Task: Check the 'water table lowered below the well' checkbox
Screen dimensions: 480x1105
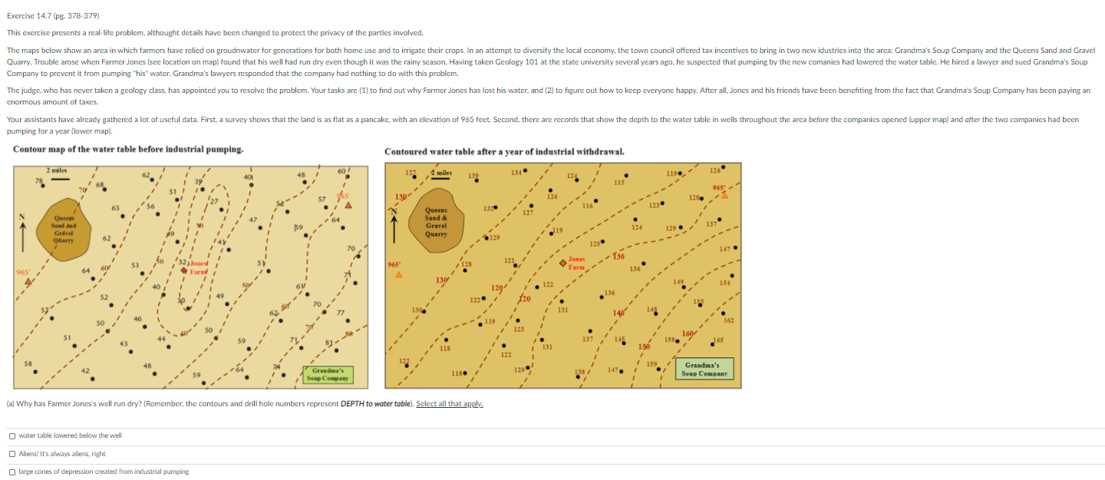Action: [12, 435]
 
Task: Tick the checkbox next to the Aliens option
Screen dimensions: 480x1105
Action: [12, 454]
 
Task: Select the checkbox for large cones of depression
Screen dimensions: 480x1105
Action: [12, 472]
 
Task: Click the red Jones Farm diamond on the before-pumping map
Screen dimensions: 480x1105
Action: [184, 270]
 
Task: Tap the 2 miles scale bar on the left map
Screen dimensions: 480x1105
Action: [58, 176]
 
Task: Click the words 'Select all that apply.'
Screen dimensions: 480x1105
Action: [450, 403]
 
